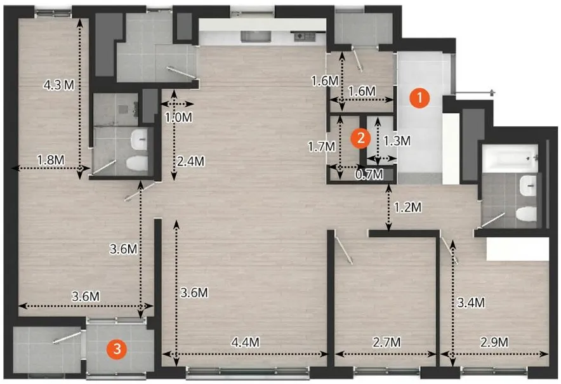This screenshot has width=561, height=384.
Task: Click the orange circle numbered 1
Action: pyautogui.click(x=419, y=98)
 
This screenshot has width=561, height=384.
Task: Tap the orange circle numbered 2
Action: pyautogui.click(x=360, y=138)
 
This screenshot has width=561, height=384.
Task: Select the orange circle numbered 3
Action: pyautogui.click(x=117, y=348)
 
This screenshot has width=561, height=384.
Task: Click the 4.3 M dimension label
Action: pyautogui.click(x=58, y=85)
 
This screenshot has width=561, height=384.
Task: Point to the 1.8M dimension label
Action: pyautogui.click(x=51, y=160)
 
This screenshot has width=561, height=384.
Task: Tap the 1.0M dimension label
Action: pyautogui.click(x=178, y=117)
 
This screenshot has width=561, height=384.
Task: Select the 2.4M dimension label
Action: pyautogui.click(x=190, y=161)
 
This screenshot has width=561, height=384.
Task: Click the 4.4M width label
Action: pyautogui.click(x=245, y=342)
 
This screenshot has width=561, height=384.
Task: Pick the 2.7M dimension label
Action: pyautogui.click(x=386, y=342)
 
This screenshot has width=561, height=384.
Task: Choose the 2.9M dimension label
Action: pyautogui.click(x=494, y=342)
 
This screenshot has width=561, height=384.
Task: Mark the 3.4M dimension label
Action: pyautogui.click(x=471, y=303)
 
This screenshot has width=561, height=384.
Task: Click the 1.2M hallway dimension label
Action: pyautogui.click(x=407, y=207)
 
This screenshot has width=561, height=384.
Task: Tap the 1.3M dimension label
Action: pyautogui.click(x=397, y=141)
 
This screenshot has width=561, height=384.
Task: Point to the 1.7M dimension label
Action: pyautogui.click(x=322, y=147)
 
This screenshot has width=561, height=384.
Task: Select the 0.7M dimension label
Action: pyautogui.click(x=369, y=175)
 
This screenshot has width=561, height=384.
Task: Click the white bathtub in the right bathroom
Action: pyautogui.click(x=510, y=158)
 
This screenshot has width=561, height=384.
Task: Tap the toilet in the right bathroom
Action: pyautogui.click(x=527, y=214)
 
